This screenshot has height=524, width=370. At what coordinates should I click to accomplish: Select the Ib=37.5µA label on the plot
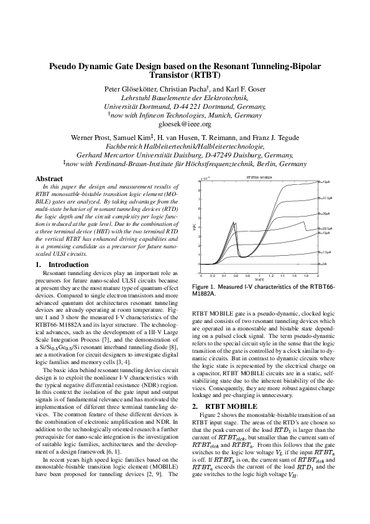(325, 197)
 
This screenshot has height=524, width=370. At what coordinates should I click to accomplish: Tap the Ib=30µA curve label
(324, 213)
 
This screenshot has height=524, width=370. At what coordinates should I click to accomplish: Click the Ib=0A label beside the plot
(323, 264)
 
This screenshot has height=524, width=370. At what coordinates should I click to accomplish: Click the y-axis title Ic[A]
(194, 227)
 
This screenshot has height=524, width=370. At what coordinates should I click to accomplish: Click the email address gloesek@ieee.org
(185, 124)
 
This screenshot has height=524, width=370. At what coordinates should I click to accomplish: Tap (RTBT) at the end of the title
(213, 77)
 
